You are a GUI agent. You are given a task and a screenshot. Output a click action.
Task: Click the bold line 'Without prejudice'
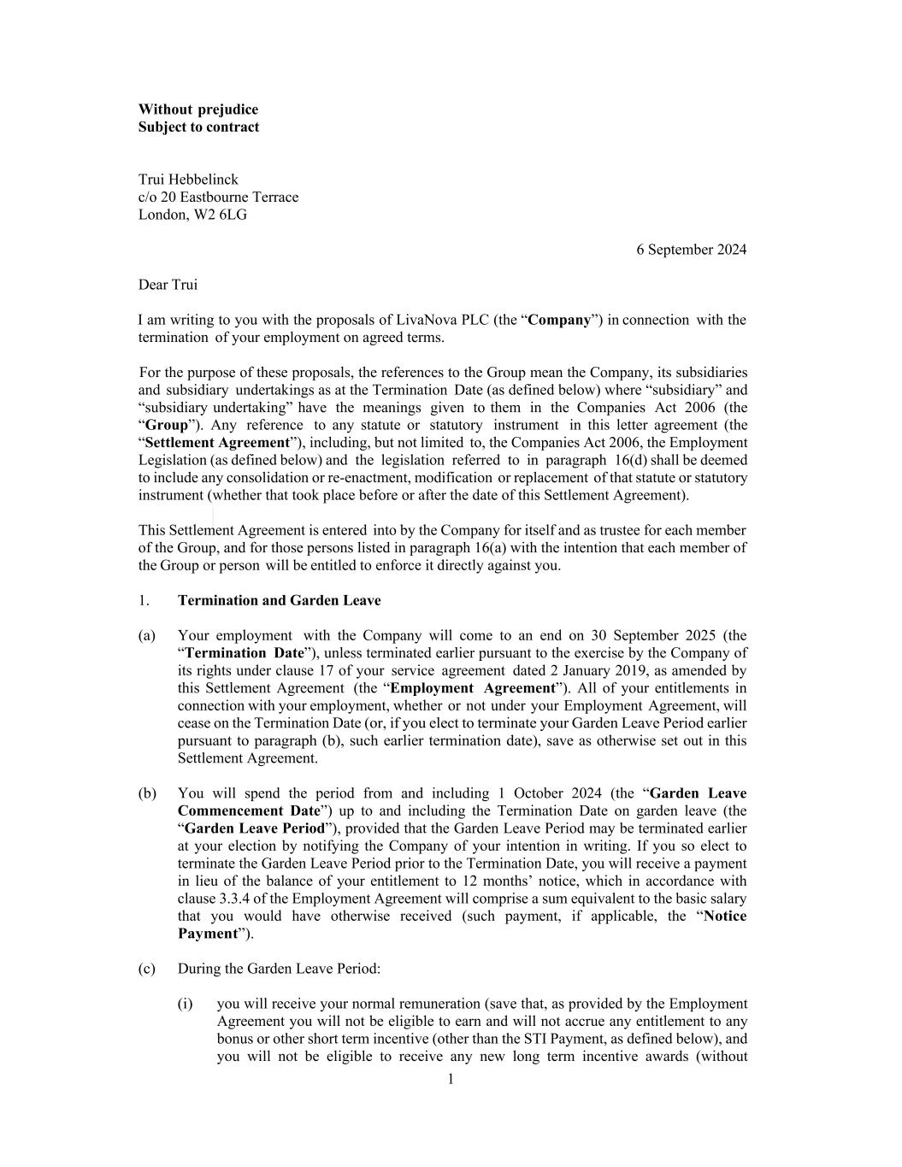pos(198,109)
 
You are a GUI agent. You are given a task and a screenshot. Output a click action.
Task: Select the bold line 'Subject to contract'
pos(198,127)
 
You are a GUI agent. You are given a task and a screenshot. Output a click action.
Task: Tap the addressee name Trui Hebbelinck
pos(188,180)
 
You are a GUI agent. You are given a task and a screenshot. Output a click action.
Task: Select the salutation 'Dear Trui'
pos(168,285)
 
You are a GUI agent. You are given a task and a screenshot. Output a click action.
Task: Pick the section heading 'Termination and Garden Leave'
pos(279,600)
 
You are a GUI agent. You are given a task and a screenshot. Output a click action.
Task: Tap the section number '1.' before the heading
pos(144,600)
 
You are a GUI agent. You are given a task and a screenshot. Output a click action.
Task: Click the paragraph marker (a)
pos(147,635)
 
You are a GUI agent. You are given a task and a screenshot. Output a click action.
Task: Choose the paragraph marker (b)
pos(147,793)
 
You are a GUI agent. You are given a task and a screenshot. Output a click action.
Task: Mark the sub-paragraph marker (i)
pos(186,1004)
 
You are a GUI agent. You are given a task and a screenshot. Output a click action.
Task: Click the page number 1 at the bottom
pos(451,1079)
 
